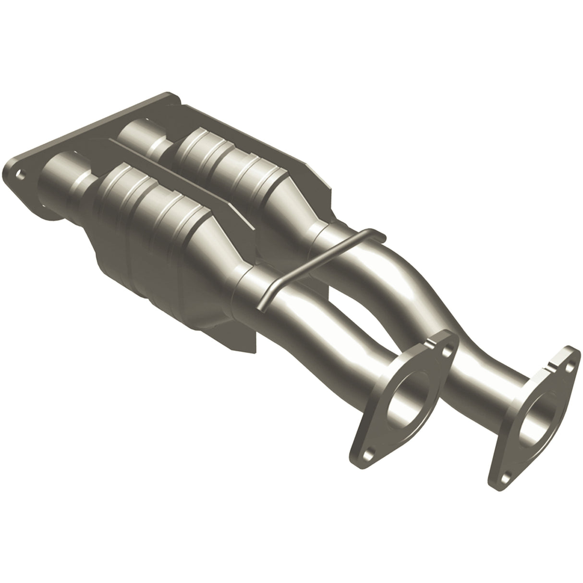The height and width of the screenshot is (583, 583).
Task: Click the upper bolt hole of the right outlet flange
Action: pos(570,366)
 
